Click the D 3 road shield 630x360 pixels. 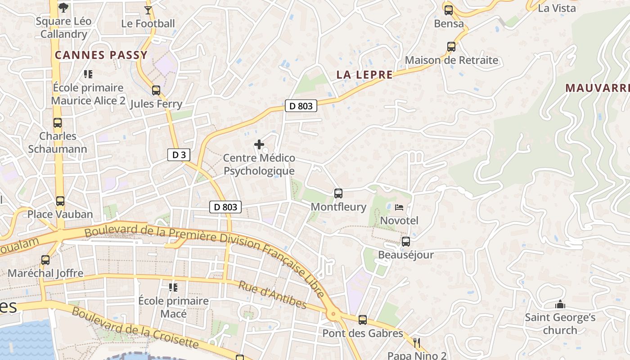[179, 155]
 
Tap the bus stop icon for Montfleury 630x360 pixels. [338, 193]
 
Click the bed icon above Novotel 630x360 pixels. [399, 207]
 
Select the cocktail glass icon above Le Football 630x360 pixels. [148, 10]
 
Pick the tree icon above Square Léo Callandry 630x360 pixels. [63, 7]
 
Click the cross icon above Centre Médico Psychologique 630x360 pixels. [259, 144]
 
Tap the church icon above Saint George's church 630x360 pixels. [560, 305]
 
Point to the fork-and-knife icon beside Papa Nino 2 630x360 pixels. [417, 343]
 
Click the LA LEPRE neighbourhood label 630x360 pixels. [364, 75]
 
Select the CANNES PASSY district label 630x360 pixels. [101, 55]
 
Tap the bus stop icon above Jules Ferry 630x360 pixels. [156, 90]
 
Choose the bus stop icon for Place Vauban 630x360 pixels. [60, 201]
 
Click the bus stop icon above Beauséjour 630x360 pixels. [405, 242]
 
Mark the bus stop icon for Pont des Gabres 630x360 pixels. [363, 320]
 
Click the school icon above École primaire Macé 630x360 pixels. [173, 287]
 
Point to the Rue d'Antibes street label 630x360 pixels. [272, 295]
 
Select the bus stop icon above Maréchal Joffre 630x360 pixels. [45, 260]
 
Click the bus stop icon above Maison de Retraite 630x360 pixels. [451, 46]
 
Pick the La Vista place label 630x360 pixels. [557, 8]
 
